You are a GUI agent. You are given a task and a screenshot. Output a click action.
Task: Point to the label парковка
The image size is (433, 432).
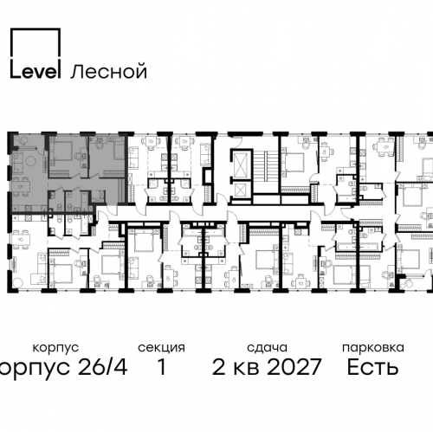pos(372,347)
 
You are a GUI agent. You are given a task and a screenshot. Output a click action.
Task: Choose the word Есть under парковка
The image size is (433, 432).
pos(372,367)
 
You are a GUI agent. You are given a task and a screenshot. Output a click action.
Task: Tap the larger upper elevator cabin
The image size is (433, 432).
pos(239,161)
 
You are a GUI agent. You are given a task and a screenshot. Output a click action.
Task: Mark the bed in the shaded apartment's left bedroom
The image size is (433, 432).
pos(62,156)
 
